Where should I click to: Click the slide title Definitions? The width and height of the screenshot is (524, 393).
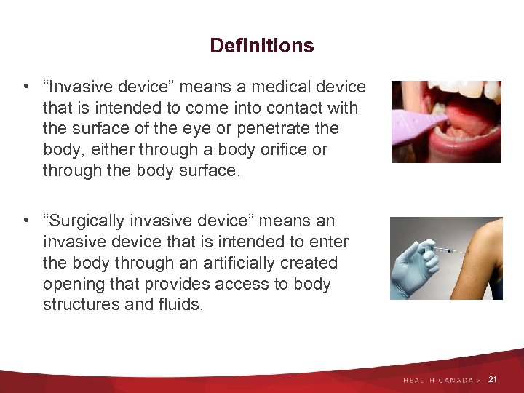261,46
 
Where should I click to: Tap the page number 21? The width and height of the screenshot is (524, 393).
493,380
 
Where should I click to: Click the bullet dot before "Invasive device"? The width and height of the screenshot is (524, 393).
26,88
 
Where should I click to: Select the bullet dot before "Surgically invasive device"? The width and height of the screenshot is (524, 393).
26,221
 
